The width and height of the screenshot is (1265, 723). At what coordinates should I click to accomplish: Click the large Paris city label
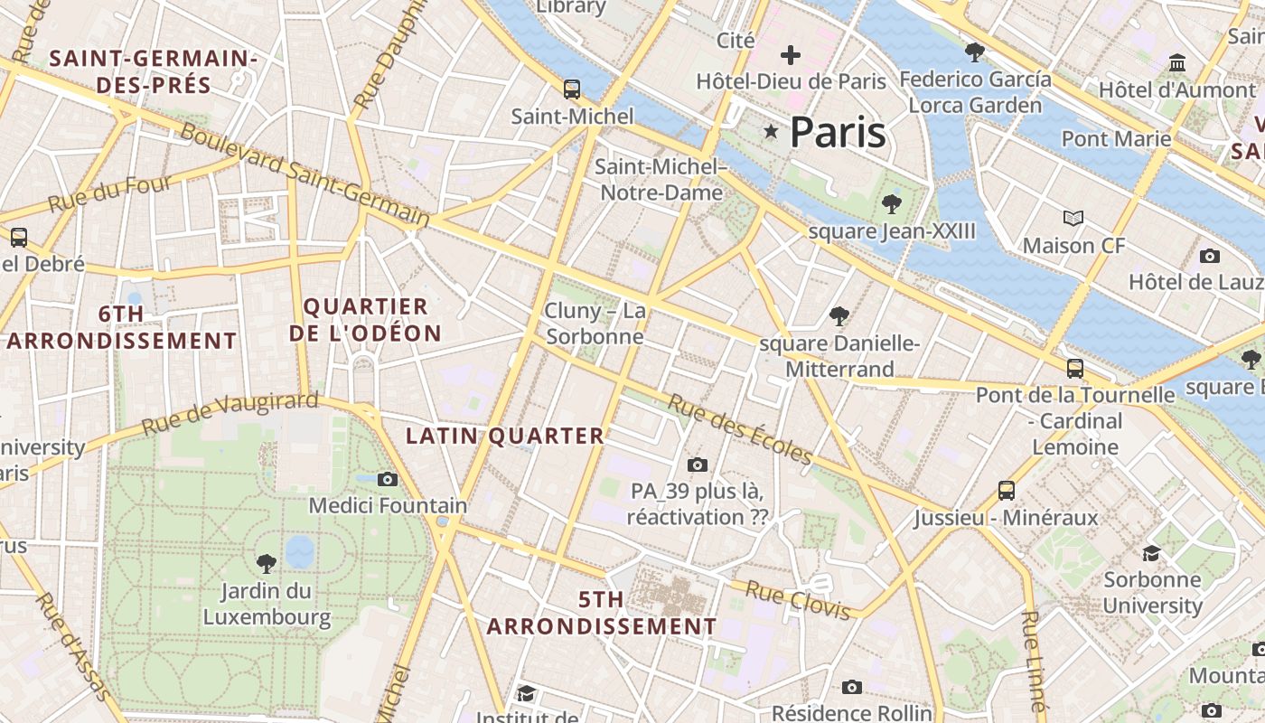tap(837, 133)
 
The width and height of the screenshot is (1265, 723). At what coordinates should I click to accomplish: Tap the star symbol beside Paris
tap(771, 132)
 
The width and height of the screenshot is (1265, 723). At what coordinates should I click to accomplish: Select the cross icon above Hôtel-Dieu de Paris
tap(791, 55)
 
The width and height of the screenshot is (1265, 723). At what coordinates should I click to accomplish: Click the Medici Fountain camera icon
tap(388, 479)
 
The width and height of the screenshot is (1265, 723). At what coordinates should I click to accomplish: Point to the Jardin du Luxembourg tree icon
tap(266, 564)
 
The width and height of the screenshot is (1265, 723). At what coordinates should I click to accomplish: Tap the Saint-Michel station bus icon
tap(572, 89)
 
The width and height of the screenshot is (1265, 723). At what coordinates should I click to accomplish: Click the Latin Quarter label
tap(504, 436)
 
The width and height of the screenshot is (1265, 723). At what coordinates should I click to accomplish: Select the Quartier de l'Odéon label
tap(365, 320)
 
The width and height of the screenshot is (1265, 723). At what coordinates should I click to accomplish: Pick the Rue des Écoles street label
tap(740, 429)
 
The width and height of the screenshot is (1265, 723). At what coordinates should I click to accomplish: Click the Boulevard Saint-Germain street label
tap(305, 174)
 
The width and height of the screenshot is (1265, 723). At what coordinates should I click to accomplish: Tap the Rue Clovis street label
tap(799, 602)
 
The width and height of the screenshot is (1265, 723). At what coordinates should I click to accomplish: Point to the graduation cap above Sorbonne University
tap(1151, 553)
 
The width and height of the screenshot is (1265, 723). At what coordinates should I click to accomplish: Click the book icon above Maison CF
tap(1073, 218)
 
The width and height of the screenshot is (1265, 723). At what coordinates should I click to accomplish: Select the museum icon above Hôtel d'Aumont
tap(1177, 63)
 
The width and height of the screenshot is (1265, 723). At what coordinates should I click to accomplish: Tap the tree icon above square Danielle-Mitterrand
tap(839, 316)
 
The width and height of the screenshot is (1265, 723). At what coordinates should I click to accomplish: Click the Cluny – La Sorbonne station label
tap(595, 324)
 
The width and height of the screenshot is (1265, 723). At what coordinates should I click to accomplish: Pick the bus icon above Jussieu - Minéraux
tap(1007, 491)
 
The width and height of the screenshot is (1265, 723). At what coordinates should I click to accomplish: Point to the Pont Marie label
tap(1116, 138)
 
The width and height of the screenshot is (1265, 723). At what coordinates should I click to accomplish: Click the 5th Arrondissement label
tap(602, 613)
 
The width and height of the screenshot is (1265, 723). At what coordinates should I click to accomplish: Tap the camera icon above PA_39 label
tap(697, 465)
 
